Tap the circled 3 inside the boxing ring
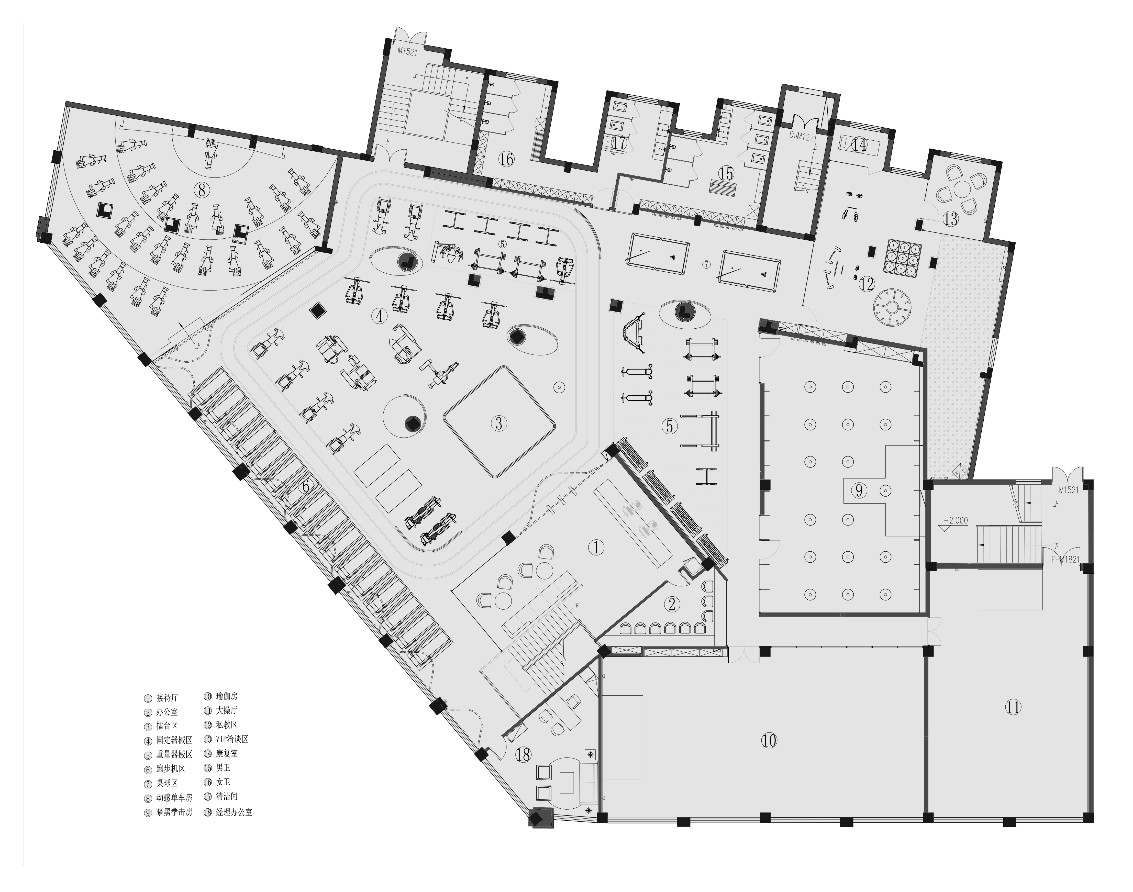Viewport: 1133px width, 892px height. pos(499,423)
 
